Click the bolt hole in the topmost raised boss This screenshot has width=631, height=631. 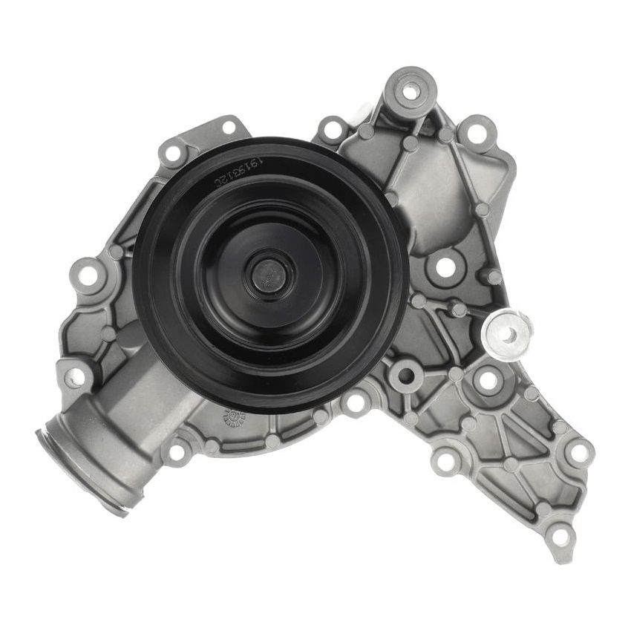coord(410,88)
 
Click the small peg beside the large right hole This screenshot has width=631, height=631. coord(491,277)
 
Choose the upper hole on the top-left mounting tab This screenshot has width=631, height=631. coord(228,127)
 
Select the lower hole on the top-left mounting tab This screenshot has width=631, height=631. coord(173,154)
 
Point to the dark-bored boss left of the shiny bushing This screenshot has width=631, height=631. coord(405,376)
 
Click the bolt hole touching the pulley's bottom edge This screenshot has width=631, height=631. coord(356,403)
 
